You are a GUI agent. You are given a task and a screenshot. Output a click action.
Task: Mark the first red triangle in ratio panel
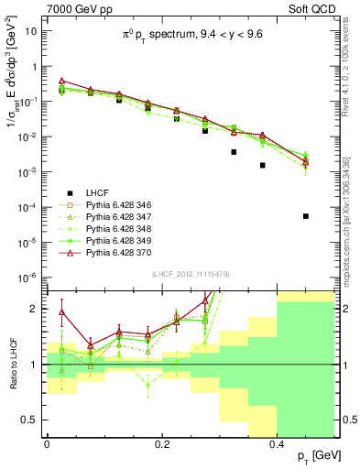(61, 311)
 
